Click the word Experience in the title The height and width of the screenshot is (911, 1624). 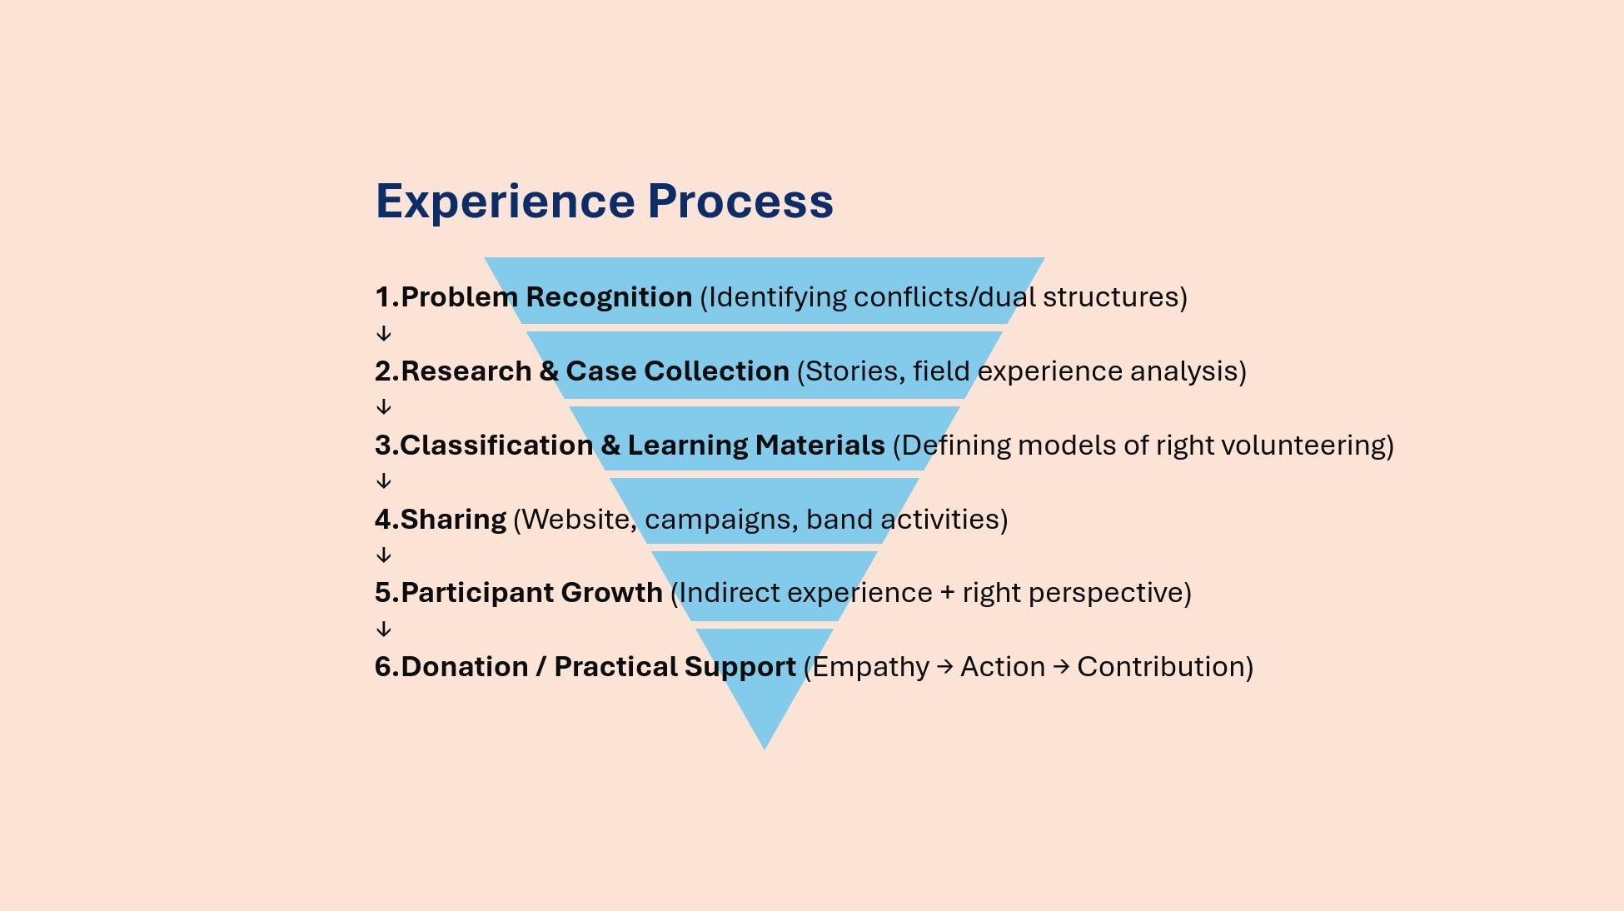[506, 202]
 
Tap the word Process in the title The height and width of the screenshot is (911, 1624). [740, 202]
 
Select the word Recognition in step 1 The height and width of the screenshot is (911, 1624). [609, 297]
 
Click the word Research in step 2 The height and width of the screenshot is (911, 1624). [466, 371]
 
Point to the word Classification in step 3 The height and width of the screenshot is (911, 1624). [496, 446]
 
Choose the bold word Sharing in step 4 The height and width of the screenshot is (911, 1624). [453, 520]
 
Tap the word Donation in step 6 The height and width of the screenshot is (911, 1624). [465, 667]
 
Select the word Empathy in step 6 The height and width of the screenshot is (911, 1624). [870, 667]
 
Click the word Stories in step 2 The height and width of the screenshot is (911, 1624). [854, 371]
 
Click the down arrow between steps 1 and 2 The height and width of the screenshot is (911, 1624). [384, 334]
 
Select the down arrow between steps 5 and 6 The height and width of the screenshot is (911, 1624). [384, 630]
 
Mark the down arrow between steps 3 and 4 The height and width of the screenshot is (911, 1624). [384, 481]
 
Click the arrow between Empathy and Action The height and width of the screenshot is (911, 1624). [945, 667]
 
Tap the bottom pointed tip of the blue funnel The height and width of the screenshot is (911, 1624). [765, 745]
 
